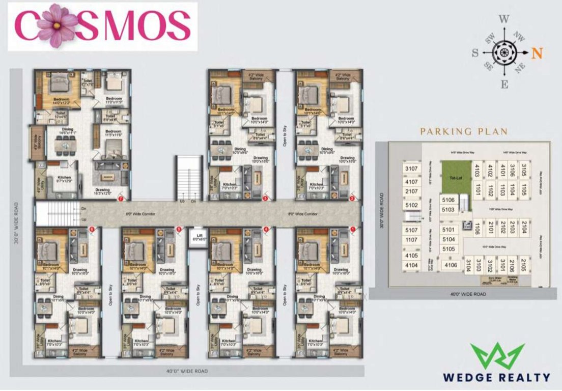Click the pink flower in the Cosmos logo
click(x=57, y=25)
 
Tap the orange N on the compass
click(x=536, y=52)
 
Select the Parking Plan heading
click(x=463, y=131)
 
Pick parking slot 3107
click(x=411, y=169)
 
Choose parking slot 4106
click(x=451, y=265)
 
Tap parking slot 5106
click(x=448, y=201)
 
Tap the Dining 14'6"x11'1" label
click(x=68, y=132)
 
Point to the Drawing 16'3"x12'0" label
click(x=102, y=192)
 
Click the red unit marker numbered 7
click(x=121, y=197)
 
